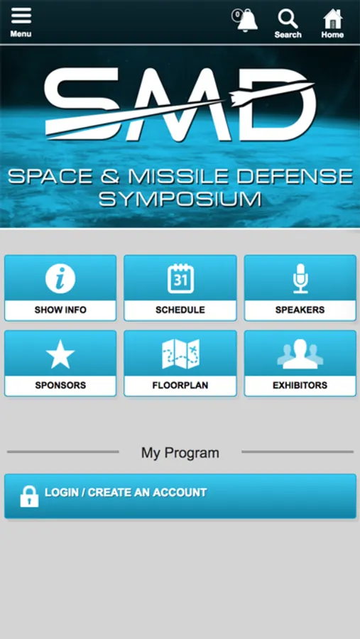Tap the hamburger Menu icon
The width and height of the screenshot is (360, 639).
click(21, 17)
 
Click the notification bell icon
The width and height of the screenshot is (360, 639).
click(248, 21)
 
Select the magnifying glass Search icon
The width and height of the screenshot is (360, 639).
click(288, 18)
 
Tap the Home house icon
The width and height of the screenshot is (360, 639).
click(333, 18)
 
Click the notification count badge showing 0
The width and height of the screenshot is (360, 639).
click(237, 15)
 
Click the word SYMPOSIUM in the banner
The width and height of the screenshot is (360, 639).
click(180, 200)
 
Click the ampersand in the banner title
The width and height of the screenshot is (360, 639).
click(111, 177)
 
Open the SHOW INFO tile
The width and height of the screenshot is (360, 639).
click(60, 288)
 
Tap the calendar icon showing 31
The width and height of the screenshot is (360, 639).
click(180, 279)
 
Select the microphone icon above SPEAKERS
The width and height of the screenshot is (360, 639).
click(300, 278)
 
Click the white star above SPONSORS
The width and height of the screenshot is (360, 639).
click(60, 354)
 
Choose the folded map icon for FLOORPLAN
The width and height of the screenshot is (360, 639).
click(180, 354)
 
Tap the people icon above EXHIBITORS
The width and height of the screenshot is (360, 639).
click(300, 354)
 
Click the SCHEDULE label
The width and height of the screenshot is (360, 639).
click(180, 310)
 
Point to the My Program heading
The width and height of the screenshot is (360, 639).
click(180, 453)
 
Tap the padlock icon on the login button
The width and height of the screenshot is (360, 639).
click(29, 496)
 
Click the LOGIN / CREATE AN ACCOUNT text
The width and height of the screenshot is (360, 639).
click(126, 492)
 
